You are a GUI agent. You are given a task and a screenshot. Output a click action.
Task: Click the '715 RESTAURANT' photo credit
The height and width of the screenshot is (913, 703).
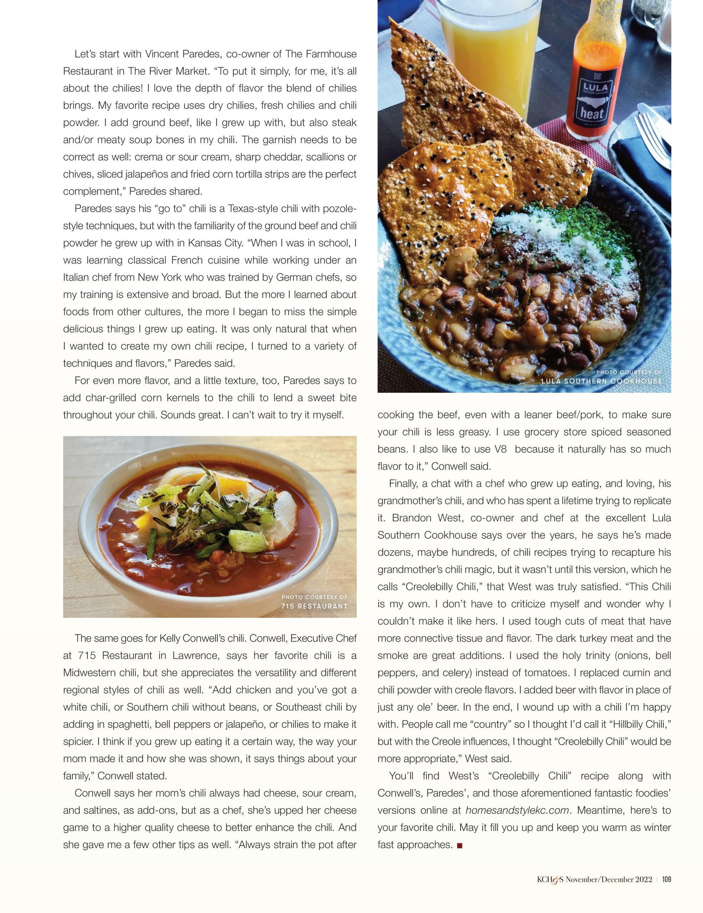click(x=314, y=606)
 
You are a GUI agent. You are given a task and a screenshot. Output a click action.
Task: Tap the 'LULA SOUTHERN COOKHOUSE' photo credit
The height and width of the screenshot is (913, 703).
click(x=602, y=381)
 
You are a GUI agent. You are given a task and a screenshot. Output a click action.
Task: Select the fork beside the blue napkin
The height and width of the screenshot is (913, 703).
click(x=652, y=134)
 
